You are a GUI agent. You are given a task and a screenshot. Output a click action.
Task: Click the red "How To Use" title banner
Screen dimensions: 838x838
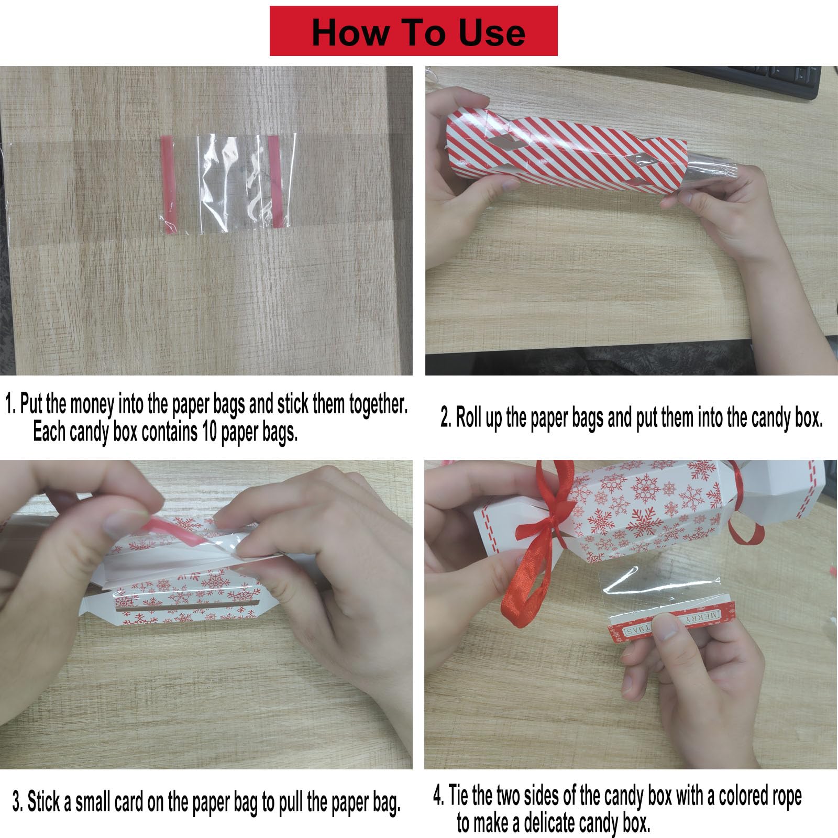click(x=413, y=31)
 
